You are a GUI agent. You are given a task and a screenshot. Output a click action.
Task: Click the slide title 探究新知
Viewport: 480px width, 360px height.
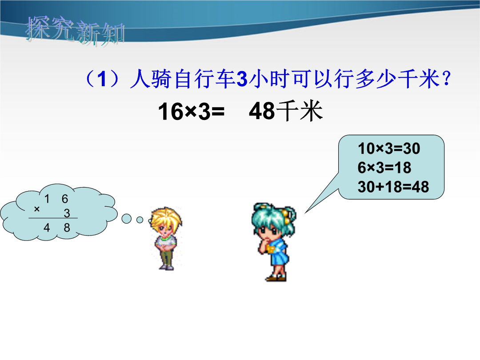(75, 31)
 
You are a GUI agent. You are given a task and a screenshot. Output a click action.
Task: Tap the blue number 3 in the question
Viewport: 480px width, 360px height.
(242, 79)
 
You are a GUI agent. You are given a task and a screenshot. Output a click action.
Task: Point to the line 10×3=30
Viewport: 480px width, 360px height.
(389, 148)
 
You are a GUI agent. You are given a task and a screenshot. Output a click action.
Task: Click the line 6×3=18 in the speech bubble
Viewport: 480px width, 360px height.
(384, 168)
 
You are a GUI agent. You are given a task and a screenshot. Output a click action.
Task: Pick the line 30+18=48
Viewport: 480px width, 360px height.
(393, 186)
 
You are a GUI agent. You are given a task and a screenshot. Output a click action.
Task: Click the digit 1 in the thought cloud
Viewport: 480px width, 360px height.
(47, 199)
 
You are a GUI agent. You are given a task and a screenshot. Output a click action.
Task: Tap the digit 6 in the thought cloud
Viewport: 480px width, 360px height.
(64, 199)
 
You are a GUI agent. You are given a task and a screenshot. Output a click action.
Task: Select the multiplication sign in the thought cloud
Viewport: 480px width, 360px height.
(37, 209)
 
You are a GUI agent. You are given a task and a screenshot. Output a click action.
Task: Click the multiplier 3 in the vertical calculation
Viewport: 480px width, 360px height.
(67, 213)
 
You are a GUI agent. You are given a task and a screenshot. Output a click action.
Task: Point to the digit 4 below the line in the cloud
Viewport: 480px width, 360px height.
(47, 228)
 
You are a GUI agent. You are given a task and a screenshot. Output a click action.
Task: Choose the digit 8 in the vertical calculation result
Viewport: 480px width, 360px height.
(67, 228)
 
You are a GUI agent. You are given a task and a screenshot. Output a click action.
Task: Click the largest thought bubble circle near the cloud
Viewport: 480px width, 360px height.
(126, 218)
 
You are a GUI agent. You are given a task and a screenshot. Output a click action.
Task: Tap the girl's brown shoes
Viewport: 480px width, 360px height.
(276, 278)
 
